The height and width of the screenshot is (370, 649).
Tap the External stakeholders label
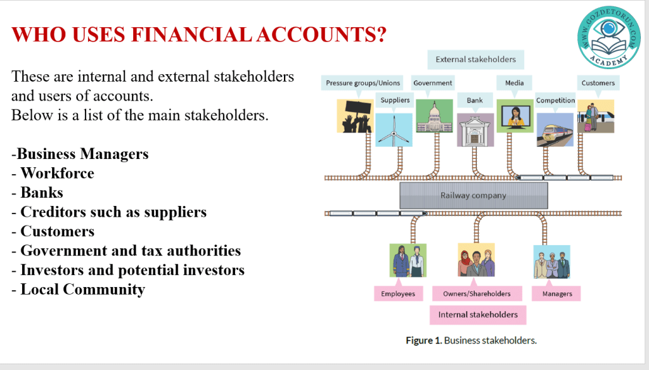pos(475,60)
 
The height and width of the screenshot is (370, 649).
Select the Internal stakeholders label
pos(478,314)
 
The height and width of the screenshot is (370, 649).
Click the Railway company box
pos(473,195)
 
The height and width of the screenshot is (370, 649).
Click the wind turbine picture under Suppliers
pos(394,130)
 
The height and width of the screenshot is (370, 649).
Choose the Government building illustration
pos(434,116)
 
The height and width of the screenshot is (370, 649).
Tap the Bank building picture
pos(475,130)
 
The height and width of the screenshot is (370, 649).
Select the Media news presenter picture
pos(515,116)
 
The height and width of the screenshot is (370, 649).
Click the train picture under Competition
pos(555,130)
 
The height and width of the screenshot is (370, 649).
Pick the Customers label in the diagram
pos(598,83)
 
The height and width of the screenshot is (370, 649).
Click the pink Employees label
pos(398,293)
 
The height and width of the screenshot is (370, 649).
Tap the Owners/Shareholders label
pos(477,293)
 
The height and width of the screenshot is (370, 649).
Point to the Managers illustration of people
pos(551,262)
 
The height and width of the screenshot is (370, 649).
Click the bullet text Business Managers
pos(82,154)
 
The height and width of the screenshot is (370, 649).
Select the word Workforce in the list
pos(57,174)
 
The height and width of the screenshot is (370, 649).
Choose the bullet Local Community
pos(82,290)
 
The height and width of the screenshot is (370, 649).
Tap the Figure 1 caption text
pos(471,340)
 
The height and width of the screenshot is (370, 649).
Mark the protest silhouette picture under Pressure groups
pos(355,116)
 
